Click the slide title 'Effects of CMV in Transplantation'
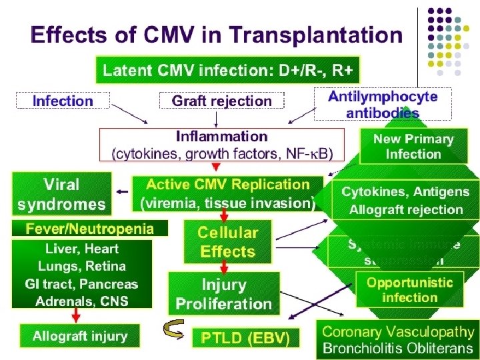[x=217, y=35]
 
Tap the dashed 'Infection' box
[x=63, y=101]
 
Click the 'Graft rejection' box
[x=222, y=101]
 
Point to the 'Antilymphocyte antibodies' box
[x=383, y=104]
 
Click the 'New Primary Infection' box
[x=413, y=147]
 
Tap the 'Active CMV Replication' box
[x=227, y=193]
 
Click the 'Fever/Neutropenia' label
[x=89, y=229]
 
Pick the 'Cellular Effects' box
[x=227, y=242]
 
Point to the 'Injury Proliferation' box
[x=224, y=294]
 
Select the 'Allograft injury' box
[x=80, y=336]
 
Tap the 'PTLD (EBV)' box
[x=246, y=338]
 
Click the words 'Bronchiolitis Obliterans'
[x=398, y=347]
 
